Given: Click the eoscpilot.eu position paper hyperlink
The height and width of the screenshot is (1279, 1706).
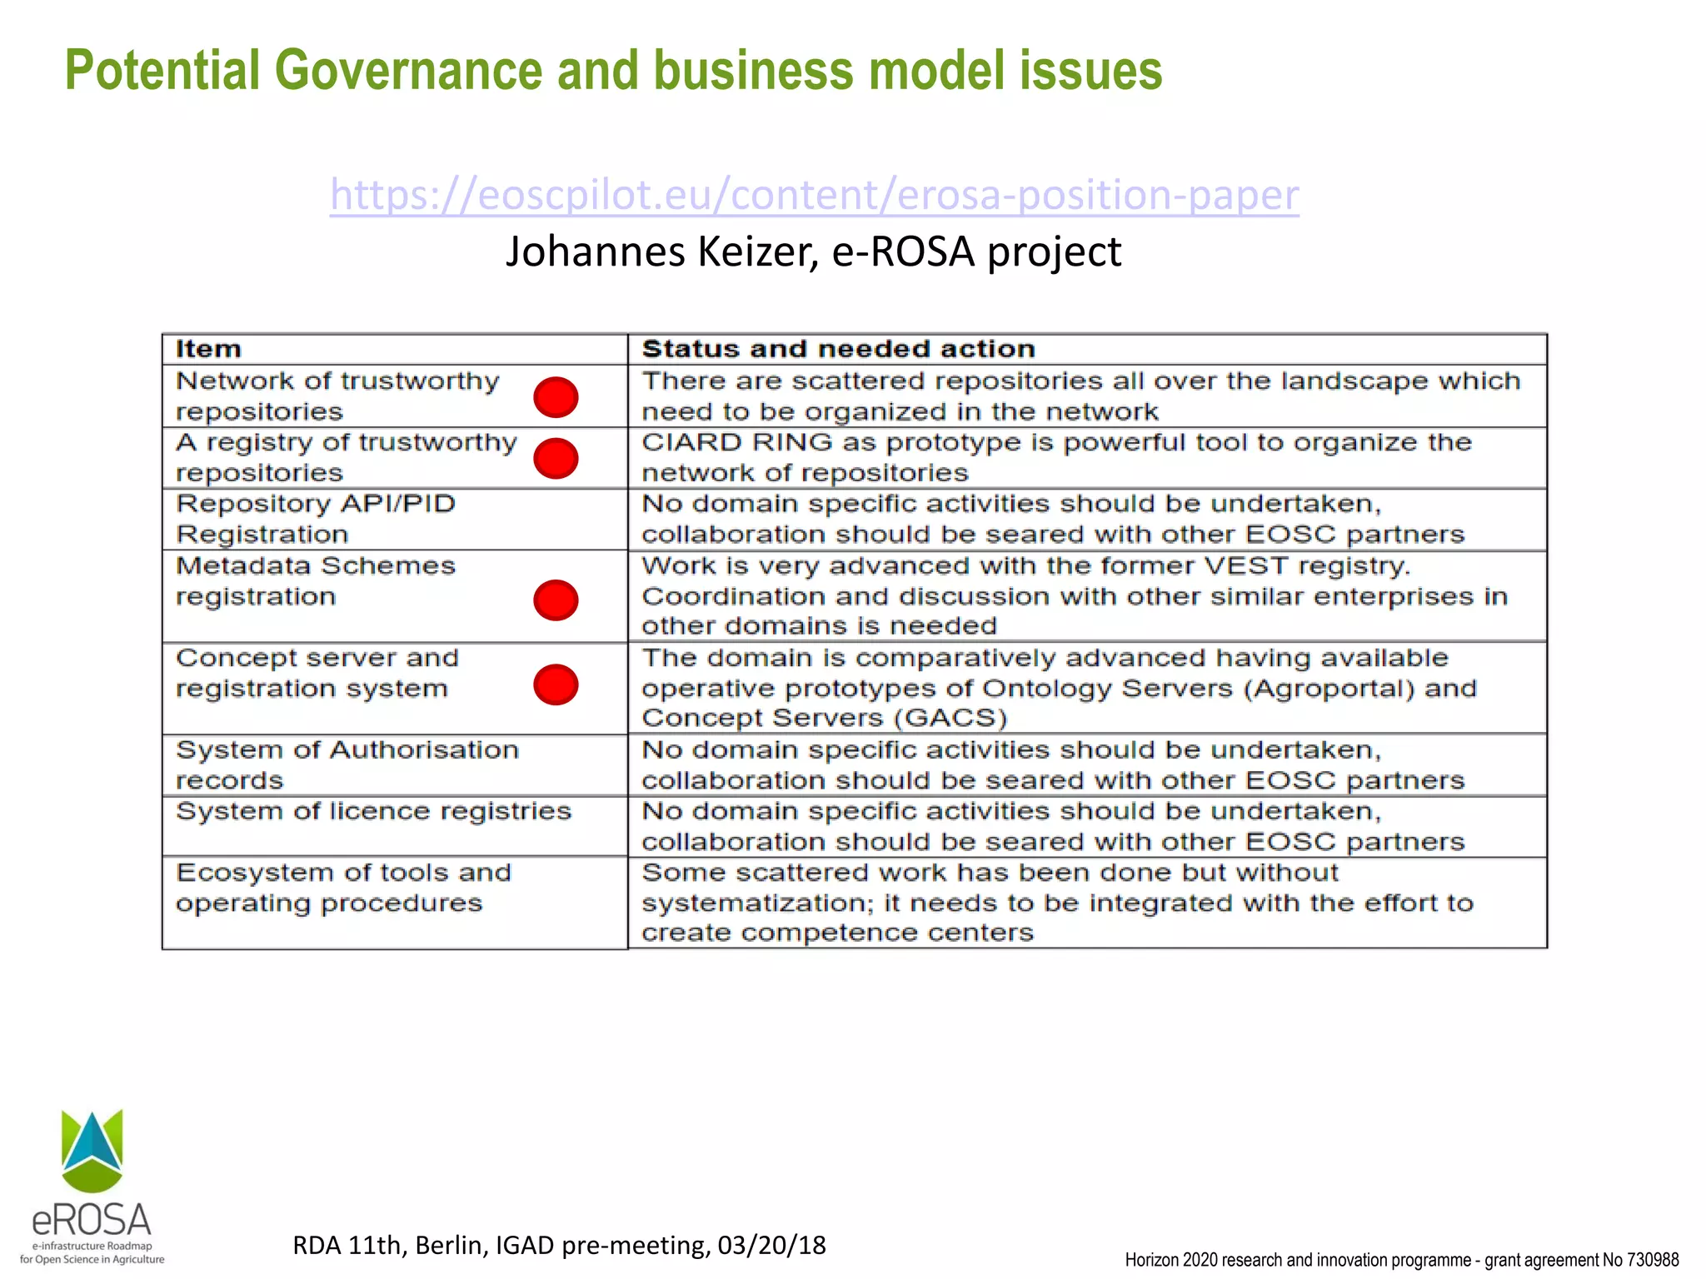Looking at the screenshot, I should coord(814,195).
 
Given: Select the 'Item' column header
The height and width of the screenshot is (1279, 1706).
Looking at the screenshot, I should coord(208,349).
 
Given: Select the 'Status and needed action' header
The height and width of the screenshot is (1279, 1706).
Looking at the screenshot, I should coord(838,349).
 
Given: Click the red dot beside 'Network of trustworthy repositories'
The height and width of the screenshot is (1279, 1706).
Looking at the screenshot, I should coord(556,397).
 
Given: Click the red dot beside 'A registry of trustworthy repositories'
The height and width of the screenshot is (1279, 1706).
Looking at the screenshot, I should coord(556,458).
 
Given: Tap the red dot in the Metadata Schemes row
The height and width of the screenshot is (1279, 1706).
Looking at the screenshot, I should coord(556,600).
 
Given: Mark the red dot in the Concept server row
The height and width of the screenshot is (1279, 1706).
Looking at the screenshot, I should coord(556,684).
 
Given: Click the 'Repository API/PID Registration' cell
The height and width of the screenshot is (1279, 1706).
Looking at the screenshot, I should coord(317,519).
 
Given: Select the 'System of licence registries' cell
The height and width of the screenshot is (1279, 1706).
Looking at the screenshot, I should coord(373,812).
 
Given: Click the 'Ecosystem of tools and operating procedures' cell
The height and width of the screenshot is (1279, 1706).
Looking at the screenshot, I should coord(343,888).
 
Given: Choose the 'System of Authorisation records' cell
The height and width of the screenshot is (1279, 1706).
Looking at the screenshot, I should coord(347,765).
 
